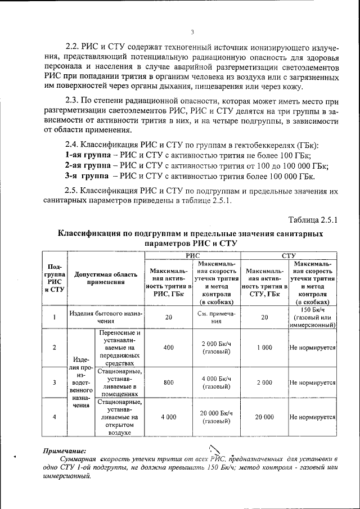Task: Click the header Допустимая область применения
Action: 105,279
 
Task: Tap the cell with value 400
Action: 169,348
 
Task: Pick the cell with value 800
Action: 169,382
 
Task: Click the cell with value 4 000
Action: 169,417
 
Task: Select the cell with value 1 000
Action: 264,348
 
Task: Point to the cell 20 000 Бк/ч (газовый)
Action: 216,417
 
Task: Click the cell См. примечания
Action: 216,317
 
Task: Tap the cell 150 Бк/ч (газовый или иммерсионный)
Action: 313,317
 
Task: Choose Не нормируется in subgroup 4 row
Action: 313,417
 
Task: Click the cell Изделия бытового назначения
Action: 105,317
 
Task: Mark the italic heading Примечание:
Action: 65,451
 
